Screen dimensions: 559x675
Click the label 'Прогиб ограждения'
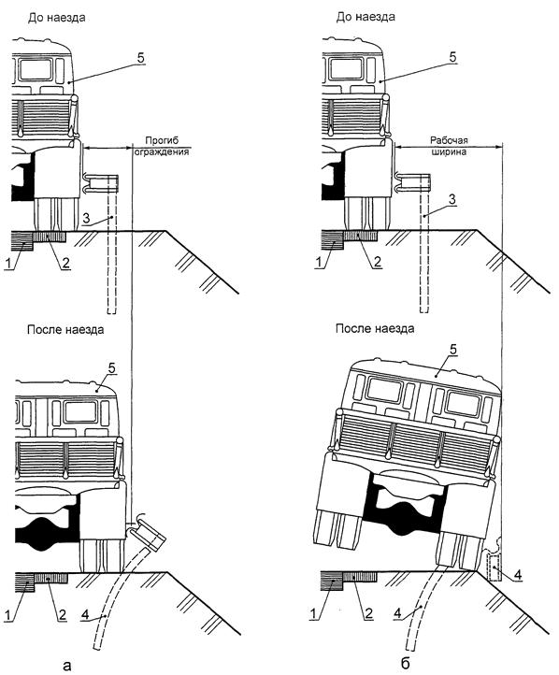click(162, 146)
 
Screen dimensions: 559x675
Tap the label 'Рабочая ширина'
click(449, 146)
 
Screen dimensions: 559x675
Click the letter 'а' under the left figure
click(66, 666)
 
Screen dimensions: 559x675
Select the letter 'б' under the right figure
click(405, 664)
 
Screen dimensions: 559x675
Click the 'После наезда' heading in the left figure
click(65, 330)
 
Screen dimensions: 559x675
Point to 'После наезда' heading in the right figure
click(375, 329)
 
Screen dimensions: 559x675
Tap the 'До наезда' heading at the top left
click(57, 18)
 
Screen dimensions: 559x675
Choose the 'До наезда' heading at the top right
click(365, 17)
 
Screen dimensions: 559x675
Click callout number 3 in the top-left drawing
click(86, 218)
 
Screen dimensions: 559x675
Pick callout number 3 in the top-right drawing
click(451, 199)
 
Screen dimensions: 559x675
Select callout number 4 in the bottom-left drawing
click(85, 615)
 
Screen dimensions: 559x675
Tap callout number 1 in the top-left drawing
click(7, 263)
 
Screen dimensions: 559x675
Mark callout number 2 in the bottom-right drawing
click(369, 614)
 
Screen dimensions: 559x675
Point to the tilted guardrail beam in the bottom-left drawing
click(147, 532)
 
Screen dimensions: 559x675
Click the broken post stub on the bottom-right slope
click(494, 567)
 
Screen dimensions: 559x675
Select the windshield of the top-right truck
click(346, 68)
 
